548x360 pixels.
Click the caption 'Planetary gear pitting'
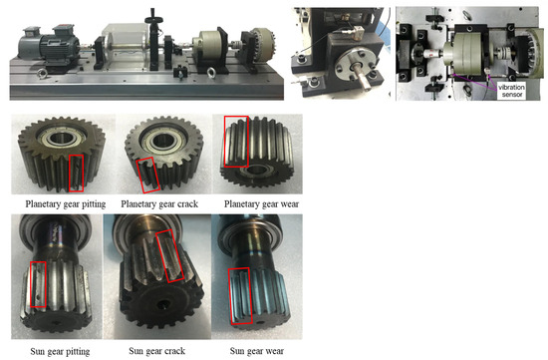[66, 204]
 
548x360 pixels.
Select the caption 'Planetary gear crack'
[159, 204]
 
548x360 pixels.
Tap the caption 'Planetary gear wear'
[261, 204]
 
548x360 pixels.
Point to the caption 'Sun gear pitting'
[60, 351]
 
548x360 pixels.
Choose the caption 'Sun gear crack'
[156, 351]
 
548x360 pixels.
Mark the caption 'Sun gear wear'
[257, 351]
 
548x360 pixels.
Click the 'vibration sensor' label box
[511, 91]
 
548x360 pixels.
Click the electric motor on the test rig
[48, 46]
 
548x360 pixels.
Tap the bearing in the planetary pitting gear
[61, 139]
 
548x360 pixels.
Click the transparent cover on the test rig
[125, 46]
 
